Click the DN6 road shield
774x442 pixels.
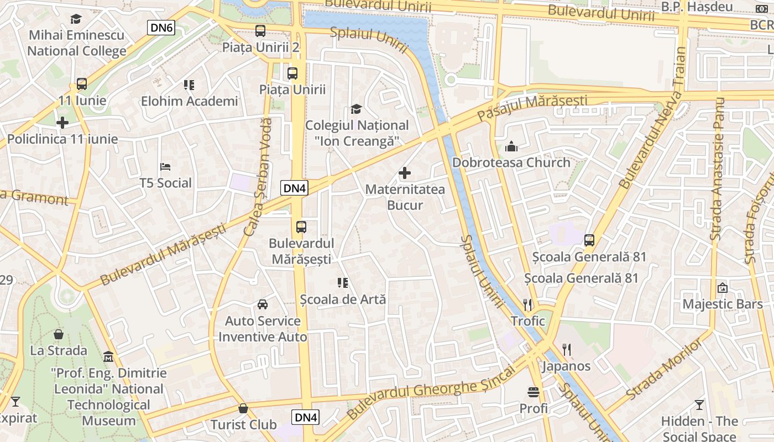(161, 28)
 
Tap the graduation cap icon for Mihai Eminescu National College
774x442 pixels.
(76, 19)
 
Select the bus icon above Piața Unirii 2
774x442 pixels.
(260, 31)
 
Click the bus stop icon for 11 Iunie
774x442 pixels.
(82, 85)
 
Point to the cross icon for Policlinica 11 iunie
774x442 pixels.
(62, 123)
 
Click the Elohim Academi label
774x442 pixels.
(189, 101)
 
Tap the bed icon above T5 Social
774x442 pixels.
(165, 166)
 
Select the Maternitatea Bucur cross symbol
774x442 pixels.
(405, 173)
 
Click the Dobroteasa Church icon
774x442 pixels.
(511, 147)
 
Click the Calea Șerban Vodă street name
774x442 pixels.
(258, 177)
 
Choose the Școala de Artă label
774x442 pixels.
(342, 299)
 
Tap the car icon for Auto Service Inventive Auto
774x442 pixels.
(263, 304)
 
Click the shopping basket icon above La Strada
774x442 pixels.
(59, 334)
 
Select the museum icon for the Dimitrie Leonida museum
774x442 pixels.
(108, 356)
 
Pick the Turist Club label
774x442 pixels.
(243, 424)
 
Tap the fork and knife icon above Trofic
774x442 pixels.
(527, 304)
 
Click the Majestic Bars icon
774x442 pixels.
(722, 288)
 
